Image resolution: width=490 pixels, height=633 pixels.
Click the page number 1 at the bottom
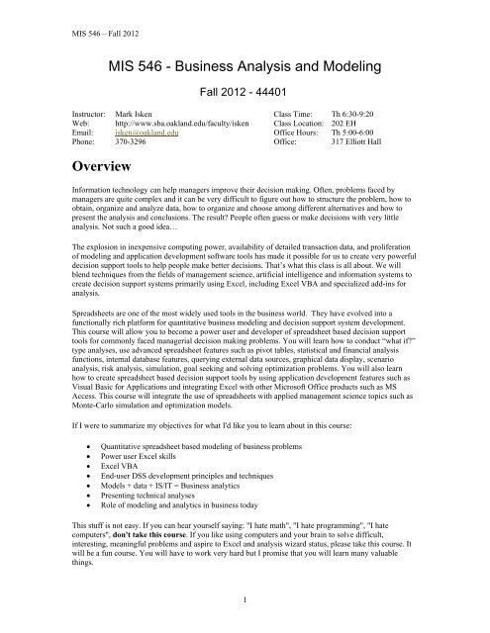pos(244,602)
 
